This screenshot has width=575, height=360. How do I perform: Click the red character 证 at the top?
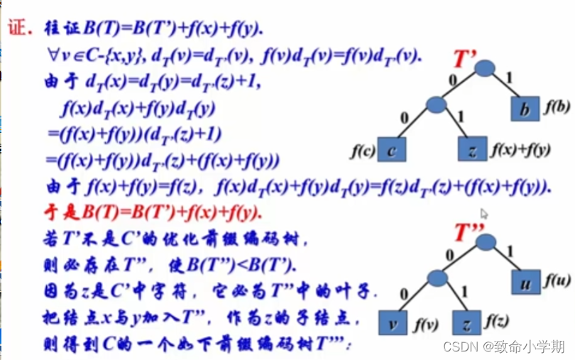(x=16, y=28)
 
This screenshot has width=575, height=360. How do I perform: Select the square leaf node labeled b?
(x=525, y=110)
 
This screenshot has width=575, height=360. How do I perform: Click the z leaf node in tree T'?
(x=471, y=150)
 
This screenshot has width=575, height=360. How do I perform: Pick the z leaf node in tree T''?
(x=466, y=323)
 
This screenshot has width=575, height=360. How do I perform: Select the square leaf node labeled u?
(x=527, y=283)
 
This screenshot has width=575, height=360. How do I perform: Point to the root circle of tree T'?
(x=485, y=68)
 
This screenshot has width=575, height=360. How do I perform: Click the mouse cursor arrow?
(x=484, y=213)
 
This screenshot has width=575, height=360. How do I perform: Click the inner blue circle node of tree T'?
(x=437, y=105)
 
